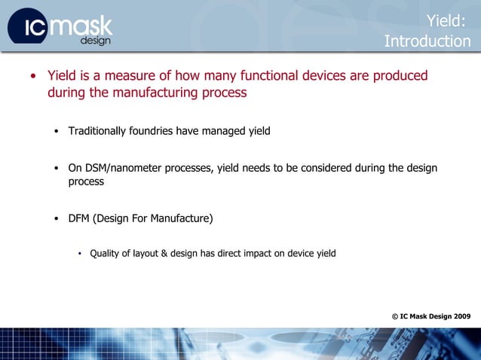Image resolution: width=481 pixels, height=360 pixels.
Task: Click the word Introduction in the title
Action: coord(427,41)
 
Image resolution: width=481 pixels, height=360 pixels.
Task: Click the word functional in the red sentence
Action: coord(264,76)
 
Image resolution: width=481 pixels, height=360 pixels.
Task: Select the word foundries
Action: coord(154,131)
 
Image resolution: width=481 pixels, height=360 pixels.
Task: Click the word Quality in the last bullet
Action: coord(106,253)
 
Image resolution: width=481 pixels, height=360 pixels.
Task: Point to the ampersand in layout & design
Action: coord(164,253)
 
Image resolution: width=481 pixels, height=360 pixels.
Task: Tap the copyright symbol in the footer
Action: coord(395,316)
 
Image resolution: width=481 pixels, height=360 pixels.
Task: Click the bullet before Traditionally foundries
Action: coord(57,132)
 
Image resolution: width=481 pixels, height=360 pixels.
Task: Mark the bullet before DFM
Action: coord(57,219)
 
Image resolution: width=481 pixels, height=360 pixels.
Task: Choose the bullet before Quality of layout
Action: coord(79,254)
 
